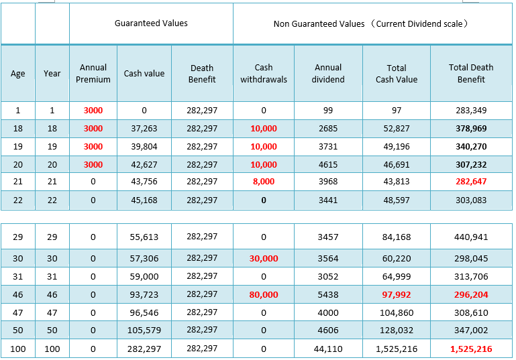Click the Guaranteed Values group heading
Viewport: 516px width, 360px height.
[x=151, y=23]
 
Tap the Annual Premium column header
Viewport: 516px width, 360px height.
[x=93, y=73]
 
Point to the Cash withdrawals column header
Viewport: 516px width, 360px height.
[x=264, y=73]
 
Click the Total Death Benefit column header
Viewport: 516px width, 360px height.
[x=471, y=73]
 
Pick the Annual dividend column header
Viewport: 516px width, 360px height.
[x=328, y=73]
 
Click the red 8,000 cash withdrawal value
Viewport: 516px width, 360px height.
[x=264, y=182]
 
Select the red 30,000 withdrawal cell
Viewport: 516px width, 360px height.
[x=264, y=258]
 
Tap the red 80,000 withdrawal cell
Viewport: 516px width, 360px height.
[x=264, y=294]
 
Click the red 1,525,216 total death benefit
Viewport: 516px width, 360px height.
[x=471, y=349]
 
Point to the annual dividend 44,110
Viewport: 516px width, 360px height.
[x=328, y=349]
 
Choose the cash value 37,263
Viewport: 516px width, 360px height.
[x=144, y=129]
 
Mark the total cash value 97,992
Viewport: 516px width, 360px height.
[x=397, y=294]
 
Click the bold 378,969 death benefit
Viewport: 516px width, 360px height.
[x=471, y=129]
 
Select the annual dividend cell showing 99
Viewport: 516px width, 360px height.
[x=328, y=111]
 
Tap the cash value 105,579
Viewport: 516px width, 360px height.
[x=144, y=330]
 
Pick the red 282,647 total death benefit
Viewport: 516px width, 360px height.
[x=471, y=182]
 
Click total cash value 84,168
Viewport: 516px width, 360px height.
[x=397, y=237]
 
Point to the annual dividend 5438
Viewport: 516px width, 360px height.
[x=328, y=294]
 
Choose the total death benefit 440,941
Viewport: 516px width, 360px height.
[x=471, y=237]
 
